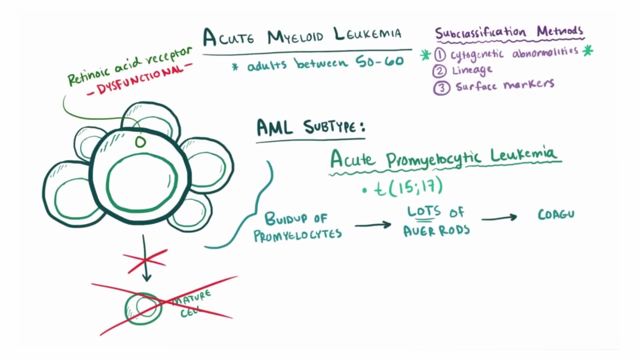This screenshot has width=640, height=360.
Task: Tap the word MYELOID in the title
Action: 295,36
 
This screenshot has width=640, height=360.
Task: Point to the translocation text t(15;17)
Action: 408,187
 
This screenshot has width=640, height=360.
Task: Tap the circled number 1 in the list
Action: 440,54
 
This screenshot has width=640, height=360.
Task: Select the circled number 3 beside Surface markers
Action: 441,87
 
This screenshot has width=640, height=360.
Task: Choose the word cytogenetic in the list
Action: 478,53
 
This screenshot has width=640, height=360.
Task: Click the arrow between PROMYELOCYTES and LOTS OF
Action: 372,225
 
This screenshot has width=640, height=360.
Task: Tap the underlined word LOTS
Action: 423,211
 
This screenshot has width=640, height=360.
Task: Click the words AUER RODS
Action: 436,229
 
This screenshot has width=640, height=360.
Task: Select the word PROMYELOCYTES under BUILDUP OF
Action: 297,234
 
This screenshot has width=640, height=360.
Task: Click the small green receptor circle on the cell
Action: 140,142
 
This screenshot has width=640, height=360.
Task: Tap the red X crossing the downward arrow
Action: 145,260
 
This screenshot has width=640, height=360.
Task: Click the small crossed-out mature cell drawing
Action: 143,307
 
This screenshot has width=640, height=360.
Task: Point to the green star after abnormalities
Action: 587,50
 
